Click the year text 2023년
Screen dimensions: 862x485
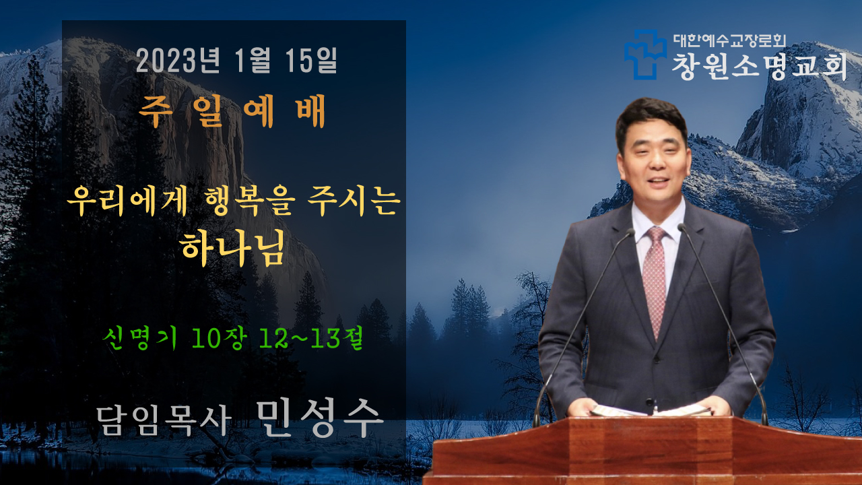178,61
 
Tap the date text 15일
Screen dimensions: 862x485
311,61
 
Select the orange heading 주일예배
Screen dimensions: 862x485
233,111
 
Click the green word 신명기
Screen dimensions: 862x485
139,338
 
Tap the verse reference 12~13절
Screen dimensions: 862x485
310,338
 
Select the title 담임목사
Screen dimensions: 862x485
164,420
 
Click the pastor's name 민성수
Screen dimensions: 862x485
320,417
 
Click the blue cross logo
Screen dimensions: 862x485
645,55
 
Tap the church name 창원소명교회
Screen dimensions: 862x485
759,67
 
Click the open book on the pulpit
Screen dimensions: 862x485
651,410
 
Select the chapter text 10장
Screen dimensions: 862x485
220,338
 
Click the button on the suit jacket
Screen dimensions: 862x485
650,402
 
